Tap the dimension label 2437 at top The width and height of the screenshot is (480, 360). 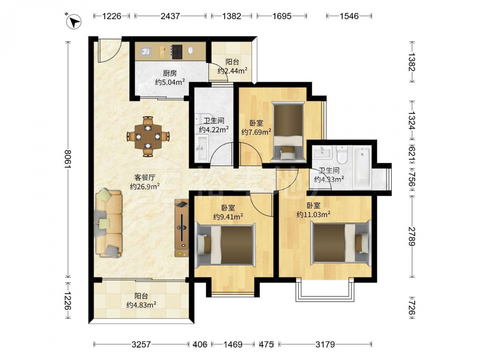pos(170,16)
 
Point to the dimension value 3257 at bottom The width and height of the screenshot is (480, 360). pos(141,344)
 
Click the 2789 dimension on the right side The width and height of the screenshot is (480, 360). pos(411,236)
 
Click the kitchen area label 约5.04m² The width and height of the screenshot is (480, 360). pos(170,82)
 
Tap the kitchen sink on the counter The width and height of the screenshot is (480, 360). pos(146,51)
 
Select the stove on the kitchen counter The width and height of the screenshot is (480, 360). pos(176,52)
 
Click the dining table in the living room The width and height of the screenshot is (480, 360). pos(148,136)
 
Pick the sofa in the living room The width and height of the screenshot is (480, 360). pos(108,223)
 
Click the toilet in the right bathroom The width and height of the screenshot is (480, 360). pos(341,154)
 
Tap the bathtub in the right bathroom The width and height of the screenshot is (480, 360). pos(362,167)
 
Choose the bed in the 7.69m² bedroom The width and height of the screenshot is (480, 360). pos(288,132)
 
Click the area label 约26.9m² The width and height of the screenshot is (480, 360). pos(145,186)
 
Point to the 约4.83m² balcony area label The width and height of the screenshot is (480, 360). pos(142,305)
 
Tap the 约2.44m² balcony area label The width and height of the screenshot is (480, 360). pos(233,71)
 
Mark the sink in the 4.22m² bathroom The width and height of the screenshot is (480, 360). pos(202,148)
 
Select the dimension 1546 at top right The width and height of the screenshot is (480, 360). pos(349,16)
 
